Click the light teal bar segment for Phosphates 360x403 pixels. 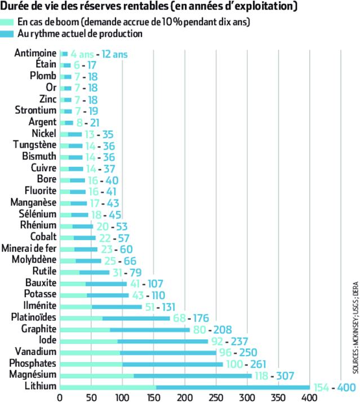tap(91, 364)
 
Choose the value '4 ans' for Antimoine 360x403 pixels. tap(82, 54)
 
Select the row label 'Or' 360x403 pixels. tap(51, 87)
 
